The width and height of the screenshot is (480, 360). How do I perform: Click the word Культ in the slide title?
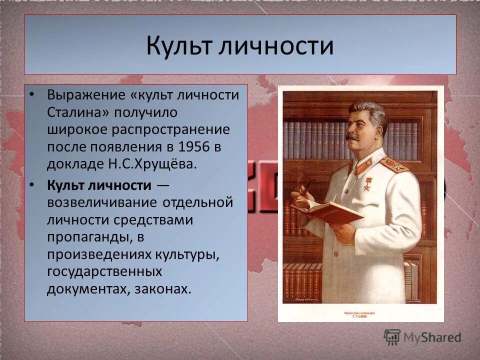[x=179, y=46]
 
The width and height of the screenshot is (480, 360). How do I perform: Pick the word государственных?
[x=104, y=271]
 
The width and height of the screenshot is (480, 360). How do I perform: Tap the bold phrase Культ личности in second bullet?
[x=99, y=185]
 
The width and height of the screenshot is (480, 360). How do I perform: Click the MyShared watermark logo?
[x=422, y=337]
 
